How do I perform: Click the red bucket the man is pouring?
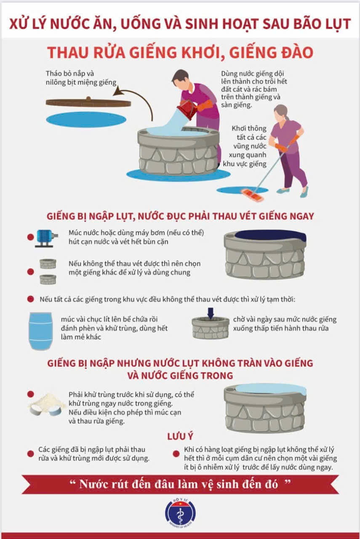(187, 109)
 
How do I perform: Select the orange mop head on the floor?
(252, 195)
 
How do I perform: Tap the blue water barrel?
(40, 331)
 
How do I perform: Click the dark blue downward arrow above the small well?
(211, 313)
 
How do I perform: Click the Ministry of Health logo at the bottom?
(180, 513)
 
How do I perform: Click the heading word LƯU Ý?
(180, 436)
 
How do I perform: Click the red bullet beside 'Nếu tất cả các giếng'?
(31, 299)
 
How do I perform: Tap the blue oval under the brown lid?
(86, 119)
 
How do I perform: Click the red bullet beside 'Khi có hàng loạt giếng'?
(176, 454)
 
